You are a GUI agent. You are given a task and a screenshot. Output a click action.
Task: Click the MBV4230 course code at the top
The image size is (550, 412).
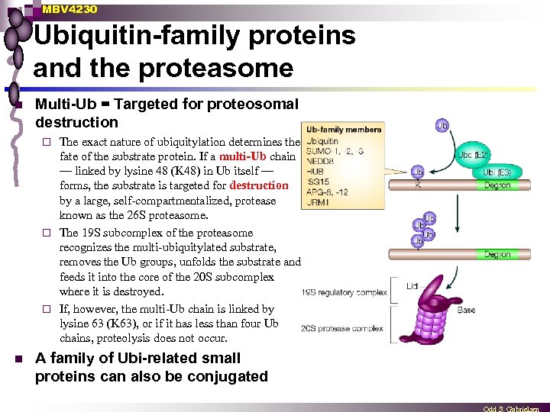[x=70, y=9]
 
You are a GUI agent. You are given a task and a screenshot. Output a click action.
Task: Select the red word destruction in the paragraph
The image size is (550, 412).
[x=259, y=185]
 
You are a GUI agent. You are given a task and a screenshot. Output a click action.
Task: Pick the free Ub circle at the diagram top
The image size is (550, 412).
[x=442, y=124]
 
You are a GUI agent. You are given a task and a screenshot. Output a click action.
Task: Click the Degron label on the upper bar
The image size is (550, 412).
[x=497, y=185]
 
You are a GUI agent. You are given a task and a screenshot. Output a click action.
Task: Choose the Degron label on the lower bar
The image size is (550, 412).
[x=497, y=254]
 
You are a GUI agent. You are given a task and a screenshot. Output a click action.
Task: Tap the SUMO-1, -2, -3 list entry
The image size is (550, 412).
[x=335, y=151]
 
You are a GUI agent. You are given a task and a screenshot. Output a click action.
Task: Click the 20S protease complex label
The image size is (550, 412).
[x=342, y=328]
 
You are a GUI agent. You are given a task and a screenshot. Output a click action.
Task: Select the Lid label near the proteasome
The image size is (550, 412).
[x=413, y=285]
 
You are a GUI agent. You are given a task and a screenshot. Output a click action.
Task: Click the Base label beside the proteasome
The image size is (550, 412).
[x=466, y=310]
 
